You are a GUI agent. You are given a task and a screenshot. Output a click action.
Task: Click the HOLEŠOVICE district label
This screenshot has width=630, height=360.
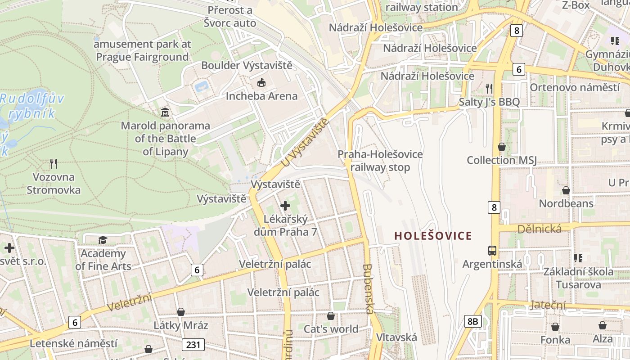coord(433,236)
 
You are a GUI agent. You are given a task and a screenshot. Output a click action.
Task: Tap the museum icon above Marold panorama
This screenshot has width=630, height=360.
coord(165,112)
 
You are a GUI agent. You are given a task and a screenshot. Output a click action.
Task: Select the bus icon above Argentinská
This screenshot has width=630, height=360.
coord(492,251)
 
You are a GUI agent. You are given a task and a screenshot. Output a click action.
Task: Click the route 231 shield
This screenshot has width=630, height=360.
coord(193,345)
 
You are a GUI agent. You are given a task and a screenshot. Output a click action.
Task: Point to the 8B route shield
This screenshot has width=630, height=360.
coord(472,321)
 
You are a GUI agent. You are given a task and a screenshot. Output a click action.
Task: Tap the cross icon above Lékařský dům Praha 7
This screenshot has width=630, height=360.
coord(285,206)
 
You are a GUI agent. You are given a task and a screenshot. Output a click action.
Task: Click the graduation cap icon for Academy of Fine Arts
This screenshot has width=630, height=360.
coord(103,240)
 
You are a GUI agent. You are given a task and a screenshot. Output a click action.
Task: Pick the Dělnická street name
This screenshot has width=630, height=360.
coord(540,229)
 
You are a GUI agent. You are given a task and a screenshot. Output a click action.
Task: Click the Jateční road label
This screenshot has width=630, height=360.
coord(548,305)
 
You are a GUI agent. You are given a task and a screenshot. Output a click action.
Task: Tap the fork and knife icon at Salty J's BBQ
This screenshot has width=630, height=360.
coord(489,89)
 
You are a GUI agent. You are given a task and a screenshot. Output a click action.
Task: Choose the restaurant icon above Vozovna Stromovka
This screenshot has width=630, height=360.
coord(54,163)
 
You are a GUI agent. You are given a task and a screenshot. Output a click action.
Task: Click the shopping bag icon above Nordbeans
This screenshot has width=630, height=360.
coord(566,190)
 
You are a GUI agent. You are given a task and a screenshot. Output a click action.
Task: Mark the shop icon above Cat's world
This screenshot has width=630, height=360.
coord(331,316)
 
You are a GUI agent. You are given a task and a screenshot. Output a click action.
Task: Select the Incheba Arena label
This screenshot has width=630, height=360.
coord(261,96)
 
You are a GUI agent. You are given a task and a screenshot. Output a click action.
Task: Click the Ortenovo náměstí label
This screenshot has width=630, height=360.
coord(575,87)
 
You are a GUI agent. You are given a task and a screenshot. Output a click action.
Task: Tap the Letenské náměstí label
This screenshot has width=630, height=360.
coord(74,343)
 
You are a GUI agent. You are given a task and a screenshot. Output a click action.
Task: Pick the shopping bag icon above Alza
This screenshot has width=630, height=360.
coord(603,325)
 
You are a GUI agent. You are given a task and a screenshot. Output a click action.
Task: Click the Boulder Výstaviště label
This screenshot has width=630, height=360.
coord(247,65)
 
